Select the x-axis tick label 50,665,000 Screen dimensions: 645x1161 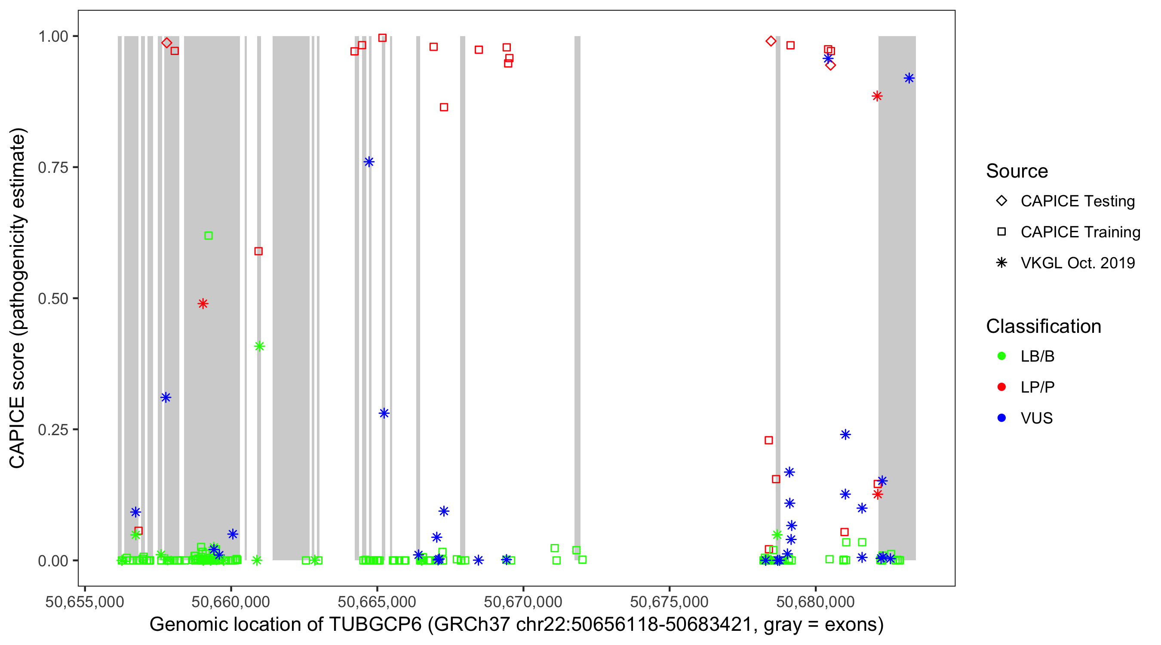coord(377,601)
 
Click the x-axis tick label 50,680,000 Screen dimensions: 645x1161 coord(815,601)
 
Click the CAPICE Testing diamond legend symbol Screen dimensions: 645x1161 coord(1001,200)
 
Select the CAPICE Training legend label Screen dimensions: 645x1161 coord(1080,232)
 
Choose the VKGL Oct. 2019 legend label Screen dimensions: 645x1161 coord(1078,263)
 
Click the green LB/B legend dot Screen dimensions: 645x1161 coord(1001,356)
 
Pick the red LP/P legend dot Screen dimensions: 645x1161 coord(1001,387)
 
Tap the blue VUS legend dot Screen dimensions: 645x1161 coord(1001,418)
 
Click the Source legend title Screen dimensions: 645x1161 coord(1017,171)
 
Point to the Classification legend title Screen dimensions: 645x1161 coord(1043,326)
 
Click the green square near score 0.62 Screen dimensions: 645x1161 coord(208,235)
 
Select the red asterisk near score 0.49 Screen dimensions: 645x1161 coord(203,303)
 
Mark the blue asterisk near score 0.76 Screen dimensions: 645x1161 coord(369,162)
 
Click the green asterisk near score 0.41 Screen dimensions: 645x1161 coord(259,346)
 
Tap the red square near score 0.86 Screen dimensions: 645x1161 coord(444,107)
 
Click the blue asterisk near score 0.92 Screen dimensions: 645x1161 coord(909,78)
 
